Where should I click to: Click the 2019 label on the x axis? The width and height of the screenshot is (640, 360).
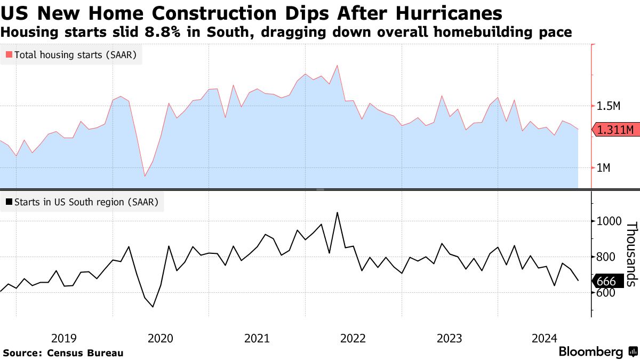click(64, 338)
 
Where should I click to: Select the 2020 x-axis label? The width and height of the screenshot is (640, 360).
click(160, 338)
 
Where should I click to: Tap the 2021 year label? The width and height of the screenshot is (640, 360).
click(257, 338)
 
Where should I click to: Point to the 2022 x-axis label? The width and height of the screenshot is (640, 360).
click(353, 338)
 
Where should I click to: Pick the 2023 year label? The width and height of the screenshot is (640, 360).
click(449, 338)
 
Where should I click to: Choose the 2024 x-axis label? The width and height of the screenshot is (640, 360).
click(545, 338)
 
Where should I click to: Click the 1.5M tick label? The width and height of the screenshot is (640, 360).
click(609, 106)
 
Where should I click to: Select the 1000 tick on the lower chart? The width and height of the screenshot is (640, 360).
click(610, 221)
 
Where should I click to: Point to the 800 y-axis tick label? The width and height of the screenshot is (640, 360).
click(607, 257)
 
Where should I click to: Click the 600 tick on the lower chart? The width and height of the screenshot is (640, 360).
click(607, 293)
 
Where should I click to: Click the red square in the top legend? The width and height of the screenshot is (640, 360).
click(9, 54)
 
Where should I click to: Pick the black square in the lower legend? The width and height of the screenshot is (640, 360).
click(9, 202)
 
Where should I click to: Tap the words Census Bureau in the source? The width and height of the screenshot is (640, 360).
click(85, 353)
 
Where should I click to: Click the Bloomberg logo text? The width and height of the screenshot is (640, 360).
click(590, 352)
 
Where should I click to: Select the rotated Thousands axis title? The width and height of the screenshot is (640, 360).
click(631, 253)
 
